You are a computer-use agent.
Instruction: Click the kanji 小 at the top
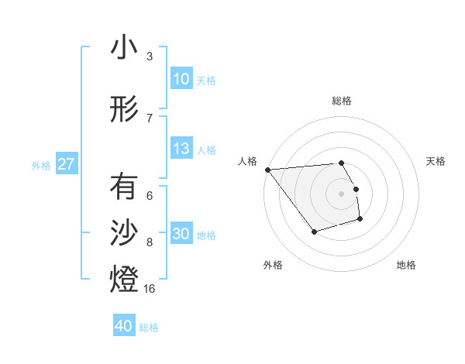[x=123, y=48]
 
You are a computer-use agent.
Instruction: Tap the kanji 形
[x=123, y=111]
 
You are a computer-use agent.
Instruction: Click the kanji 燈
[x=123, y=280]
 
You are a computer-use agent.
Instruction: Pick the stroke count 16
[x=150, y=289]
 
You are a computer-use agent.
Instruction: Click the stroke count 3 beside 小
[x=150, y=57]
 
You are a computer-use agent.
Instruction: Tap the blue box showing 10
[x=181, y=79]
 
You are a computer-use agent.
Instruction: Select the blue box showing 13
[x=181, y=149]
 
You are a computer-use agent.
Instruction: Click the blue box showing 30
[x=181, y=234]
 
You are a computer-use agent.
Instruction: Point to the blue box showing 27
[x=66, y=164]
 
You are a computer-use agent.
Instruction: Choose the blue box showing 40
[x=123, y=326]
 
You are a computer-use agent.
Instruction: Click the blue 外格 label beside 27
[x=41, y=165]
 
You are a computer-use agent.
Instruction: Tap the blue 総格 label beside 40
[x=149, y=328]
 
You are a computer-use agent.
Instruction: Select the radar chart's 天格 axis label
[x=436, y=161]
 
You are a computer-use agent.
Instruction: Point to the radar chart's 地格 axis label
[x=406, y=265]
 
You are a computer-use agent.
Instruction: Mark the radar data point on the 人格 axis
[x=267, y=170]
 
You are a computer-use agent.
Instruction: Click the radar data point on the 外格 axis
[x=314, y=232]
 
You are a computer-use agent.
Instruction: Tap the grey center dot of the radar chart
[x=341, y=194]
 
